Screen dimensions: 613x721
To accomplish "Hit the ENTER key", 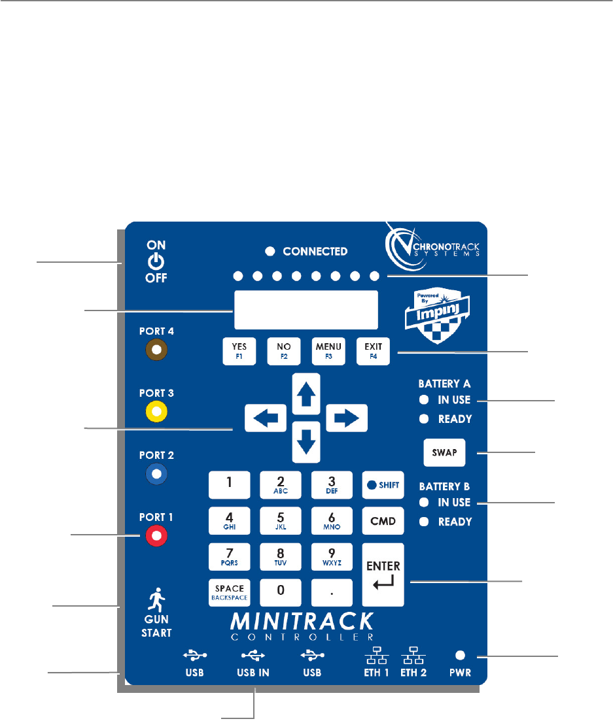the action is (383, 575).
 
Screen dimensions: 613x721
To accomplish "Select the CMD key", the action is (383, 521).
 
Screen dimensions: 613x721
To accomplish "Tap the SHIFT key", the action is (383, 484).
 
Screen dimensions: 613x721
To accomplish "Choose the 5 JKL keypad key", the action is (280, 521).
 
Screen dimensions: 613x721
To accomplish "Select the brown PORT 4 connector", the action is (157, 350).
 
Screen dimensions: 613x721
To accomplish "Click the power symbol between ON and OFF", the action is (156, 261).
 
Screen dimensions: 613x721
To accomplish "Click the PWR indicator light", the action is (460, 655).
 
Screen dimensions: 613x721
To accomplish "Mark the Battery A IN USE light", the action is (424, 399).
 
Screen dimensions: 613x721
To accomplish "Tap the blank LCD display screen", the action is (306, 310).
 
